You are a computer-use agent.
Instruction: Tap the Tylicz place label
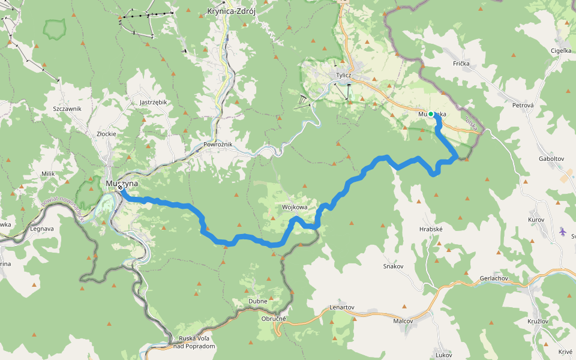coord(343,75)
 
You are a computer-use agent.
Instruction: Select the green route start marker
coord(431,114)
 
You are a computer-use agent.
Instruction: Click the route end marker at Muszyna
coord(121,188)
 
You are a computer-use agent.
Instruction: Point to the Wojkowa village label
coord(295,207)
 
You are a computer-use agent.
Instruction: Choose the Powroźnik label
coord(218,145)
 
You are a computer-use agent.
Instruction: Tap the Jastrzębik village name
coord(153,103)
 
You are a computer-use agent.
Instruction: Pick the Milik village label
coord(48,174)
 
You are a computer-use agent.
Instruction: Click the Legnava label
coord(42,229)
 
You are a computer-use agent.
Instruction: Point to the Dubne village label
coord(257,301)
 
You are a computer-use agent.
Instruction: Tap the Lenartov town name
coord(342,307)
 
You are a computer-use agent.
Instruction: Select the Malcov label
coord(403,321)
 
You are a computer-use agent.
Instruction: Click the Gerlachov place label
coord(494,279)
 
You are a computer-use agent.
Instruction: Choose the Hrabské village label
coord(431,229)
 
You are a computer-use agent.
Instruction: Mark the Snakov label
coord(394,266)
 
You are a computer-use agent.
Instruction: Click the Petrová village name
coord(523,106)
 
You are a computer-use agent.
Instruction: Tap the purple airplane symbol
coord(562,231)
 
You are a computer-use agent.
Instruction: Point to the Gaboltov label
coord(551,159)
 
